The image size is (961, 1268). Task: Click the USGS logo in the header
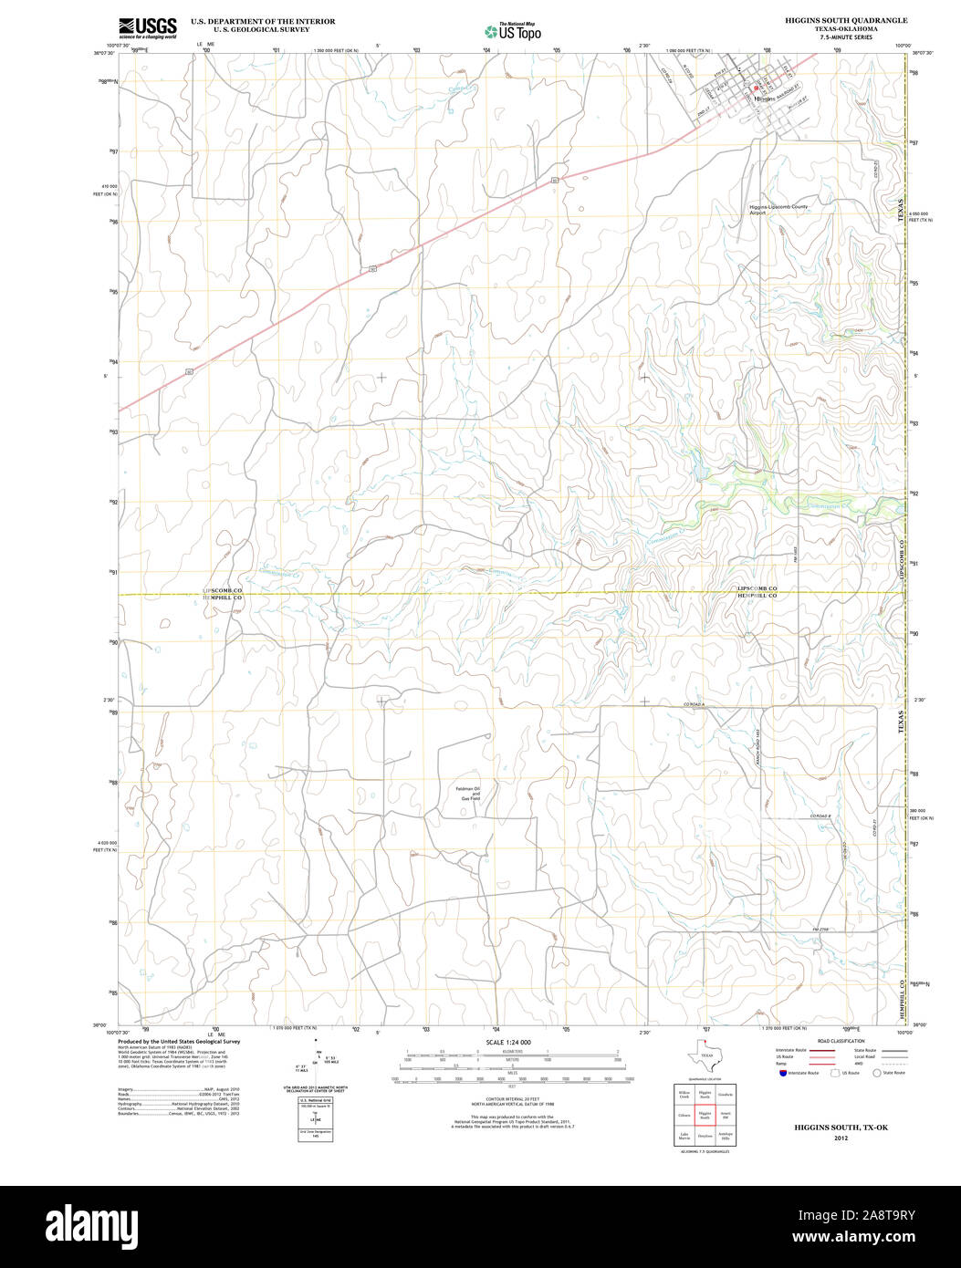coord(147,26)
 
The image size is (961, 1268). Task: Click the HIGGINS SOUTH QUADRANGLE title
coord(846,20)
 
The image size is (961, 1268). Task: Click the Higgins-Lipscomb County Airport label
coord(778,209)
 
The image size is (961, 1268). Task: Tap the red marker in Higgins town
coord(757,88)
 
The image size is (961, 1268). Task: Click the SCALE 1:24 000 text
coord(508,1042)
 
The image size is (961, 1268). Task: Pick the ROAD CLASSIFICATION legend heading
coord(841,1040)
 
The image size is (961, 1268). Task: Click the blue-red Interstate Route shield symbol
coord(781,1073)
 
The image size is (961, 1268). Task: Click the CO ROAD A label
coord(695,705)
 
